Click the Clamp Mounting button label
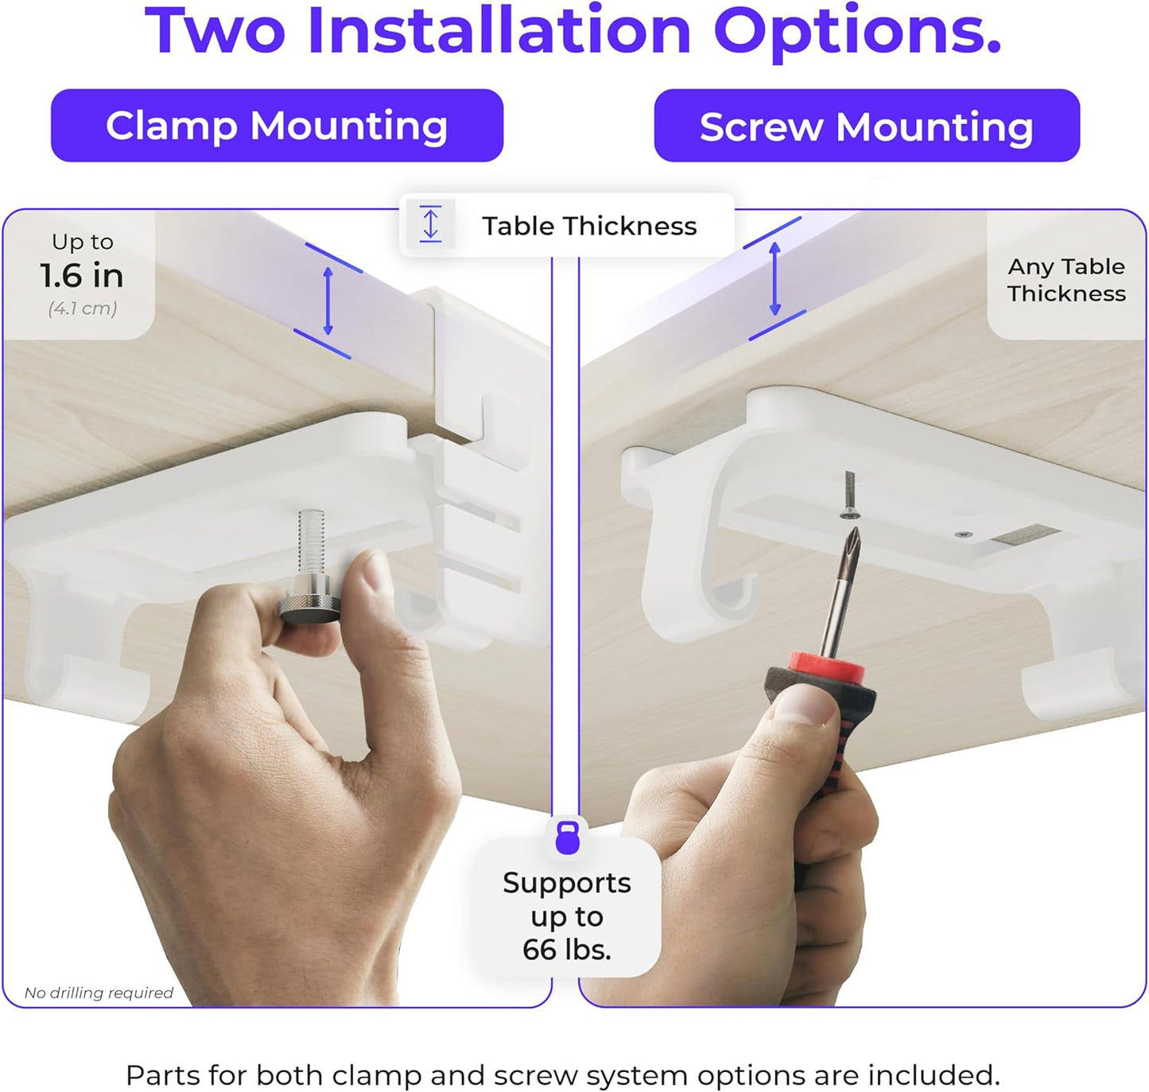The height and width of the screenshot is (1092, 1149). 277,126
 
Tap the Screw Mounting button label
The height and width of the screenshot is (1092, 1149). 866,126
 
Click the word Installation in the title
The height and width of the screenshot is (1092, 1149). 499,31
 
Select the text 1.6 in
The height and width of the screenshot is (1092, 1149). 82,276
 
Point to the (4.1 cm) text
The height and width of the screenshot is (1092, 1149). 83,309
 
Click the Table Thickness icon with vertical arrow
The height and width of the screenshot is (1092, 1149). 430,223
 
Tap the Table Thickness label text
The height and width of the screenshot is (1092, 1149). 589,226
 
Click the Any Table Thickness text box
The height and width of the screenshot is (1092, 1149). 1066,280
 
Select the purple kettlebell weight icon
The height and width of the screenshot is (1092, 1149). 567,837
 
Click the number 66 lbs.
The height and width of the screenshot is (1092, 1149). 566,950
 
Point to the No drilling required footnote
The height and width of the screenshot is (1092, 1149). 99,993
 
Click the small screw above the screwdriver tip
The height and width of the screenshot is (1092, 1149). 849,494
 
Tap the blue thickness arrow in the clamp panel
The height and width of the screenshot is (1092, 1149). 328,301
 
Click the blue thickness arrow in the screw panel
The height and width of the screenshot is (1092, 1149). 774,278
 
